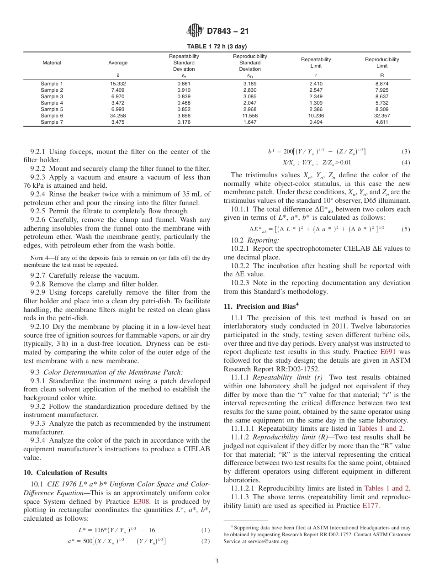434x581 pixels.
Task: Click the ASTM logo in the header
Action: coord(195,32)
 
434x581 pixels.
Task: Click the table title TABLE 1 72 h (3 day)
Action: coord(217,47)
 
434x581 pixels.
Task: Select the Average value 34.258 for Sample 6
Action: coord(118,116)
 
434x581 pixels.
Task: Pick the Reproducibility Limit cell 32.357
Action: coord(382,116)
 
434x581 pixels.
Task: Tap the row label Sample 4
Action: coord(52,103)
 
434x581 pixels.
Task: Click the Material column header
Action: coord(52,63)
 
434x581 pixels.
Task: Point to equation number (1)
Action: coord(206,530)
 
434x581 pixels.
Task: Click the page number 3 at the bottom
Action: coord(217,561)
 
